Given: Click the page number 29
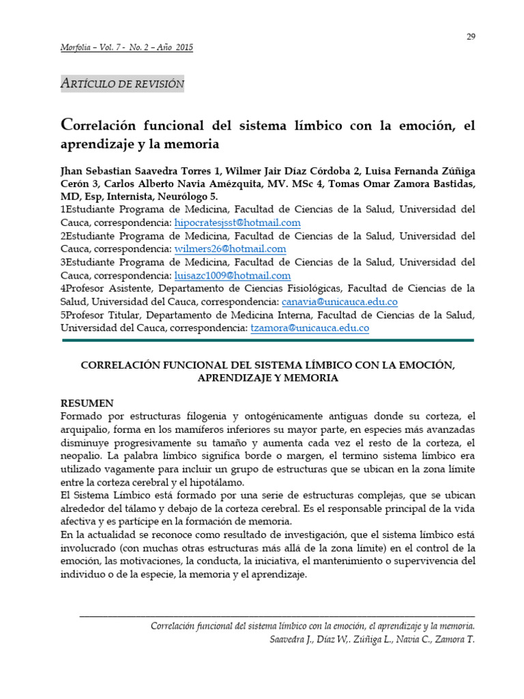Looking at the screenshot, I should (471, 37).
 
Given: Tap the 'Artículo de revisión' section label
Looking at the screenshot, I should (123, 83).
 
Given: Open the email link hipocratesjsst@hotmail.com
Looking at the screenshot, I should (237, 223).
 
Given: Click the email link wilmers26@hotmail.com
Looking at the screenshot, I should (230, 249).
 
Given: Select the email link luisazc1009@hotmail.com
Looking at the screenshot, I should (233, 276).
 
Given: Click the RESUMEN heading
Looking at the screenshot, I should (87, 403).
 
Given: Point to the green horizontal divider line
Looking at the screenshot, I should (267, 340).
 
